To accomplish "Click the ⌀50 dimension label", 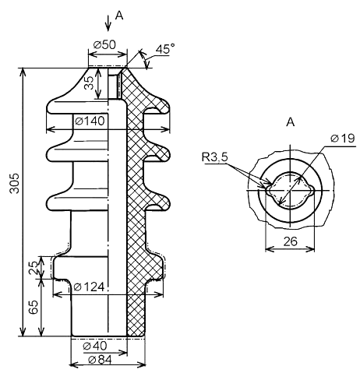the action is coord(104,45).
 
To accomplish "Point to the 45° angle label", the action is coord(164,49).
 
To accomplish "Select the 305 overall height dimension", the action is coord(15,183).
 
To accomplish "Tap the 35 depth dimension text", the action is coord(89,83).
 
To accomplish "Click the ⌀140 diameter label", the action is coord(90,121).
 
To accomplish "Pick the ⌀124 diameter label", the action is coord(89,287).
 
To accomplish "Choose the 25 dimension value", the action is coord(34,268).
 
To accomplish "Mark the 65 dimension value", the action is coord(34,308).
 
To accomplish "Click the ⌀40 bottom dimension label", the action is coord(95,346).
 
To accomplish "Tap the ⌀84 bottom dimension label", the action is coord(100,360).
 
